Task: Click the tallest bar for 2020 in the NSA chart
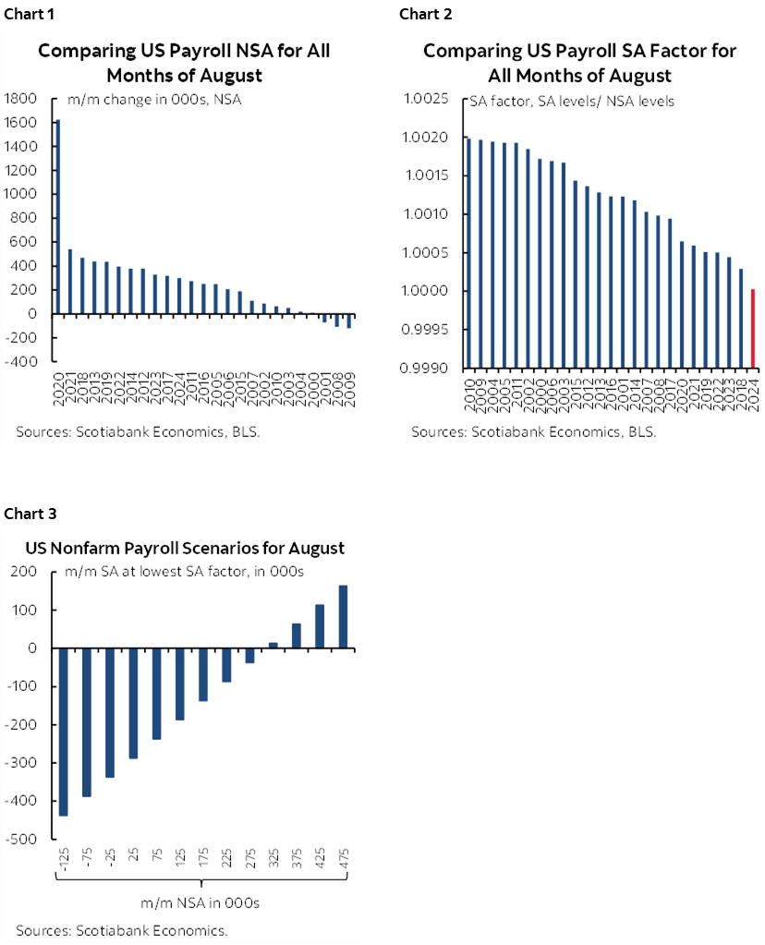click(x=58, y=217)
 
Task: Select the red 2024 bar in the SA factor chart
click(x=754, y=328)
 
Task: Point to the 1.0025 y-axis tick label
click(x=427, y=100)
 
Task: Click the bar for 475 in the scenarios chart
click(x=343, y=617)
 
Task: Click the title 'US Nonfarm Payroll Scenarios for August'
click(x=185, y=548)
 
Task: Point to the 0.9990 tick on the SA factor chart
click(x=427, y=368)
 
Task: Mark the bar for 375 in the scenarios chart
click(x=297, y=636)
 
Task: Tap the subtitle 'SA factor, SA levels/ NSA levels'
click(x=572, y=101)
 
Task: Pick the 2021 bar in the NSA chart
click(x=70, y=282)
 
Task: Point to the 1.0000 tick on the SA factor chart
click(x=427, y=291)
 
